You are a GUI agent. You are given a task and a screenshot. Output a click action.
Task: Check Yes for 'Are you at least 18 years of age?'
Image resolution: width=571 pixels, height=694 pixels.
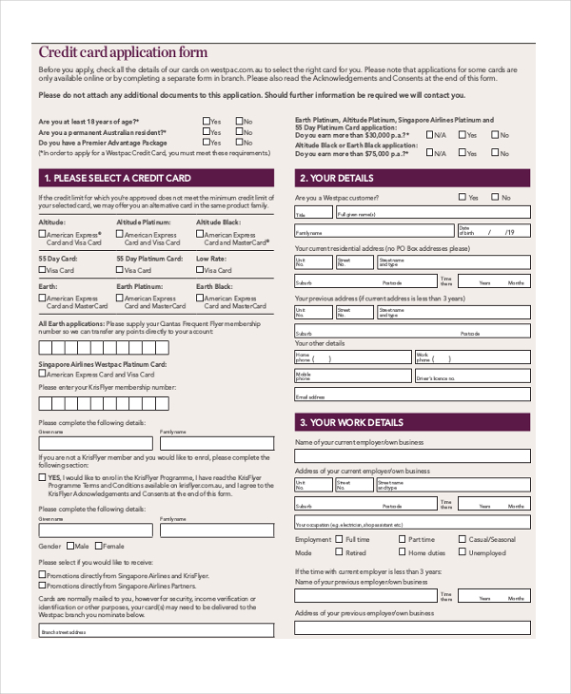[x=206, y=122]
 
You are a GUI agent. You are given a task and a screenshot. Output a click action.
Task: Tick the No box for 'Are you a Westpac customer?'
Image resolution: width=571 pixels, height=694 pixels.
[x=496, y=198]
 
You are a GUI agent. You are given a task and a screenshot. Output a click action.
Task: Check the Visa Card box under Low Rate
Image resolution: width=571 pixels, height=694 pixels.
[x=200, y=271]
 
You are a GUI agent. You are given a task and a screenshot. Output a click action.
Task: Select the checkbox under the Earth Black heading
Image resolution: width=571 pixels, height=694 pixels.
[x=200, y=298]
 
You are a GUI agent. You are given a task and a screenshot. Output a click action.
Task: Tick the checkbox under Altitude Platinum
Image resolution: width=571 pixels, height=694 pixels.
[x=120, y=234]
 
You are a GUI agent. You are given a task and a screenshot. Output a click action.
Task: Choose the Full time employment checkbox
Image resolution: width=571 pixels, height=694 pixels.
[x=340, y=539]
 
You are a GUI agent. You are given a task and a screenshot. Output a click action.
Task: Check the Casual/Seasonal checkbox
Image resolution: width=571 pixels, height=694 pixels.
[x=463, y=539]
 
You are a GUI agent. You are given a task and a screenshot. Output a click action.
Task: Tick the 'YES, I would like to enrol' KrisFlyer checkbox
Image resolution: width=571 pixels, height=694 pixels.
[x=42, y=477]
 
